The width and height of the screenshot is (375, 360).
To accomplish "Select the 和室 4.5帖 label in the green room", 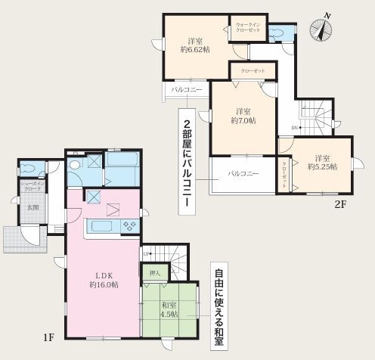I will click(169, 309).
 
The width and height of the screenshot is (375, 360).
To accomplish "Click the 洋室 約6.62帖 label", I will click(194, 45).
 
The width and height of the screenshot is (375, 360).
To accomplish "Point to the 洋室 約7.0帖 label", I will click(243, 115).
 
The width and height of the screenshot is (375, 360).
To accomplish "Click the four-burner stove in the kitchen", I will click(128, 225).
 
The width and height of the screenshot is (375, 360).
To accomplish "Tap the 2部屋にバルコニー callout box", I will click(184, 162).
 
